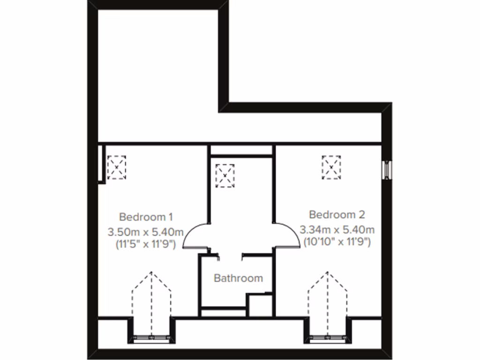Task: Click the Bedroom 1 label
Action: click(x=146, y=217)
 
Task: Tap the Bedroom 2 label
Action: click(x=337, y=215)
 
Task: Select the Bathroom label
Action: click(x=238, y=278)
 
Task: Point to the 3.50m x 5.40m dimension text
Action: click(x=146, y=232)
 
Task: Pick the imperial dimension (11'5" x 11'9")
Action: click(x=146, y=244)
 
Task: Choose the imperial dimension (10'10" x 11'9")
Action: click(x=337, y=242)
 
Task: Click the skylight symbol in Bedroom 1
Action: click(x=117, y=167)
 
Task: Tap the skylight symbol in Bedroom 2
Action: click(x=331, y=167)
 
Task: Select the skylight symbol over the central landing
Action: click(x=225, y=175)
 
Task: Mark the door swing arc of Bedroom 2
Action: click(x=287, y=235)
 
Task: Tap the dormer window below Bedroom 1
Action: click(x=151, y=337)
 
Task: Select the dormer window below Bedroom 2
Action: click(x=328, y=337)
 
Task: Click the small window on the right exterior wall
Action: click(x=387, y=170)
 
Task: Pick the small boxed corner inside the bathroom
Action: click(x=260, y=305)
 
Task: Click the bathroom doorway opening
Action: click(x=231, y=255)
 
